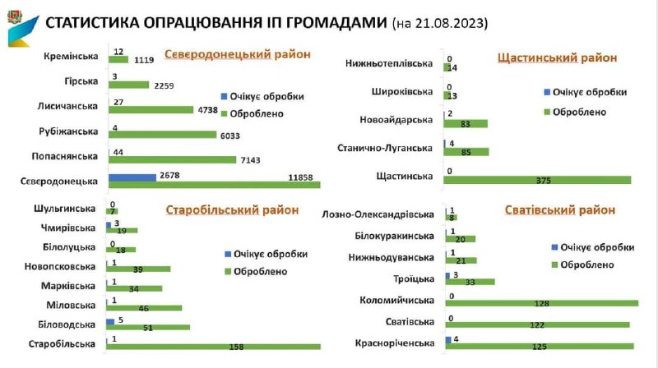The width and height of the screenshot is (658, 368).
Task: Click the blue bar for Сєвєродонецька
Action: [132, 177]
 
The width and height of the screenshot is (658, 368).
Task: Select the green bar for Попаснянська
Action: [172, 160]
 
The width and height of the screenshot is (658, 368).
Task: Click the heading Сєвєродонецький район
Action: [238, 54]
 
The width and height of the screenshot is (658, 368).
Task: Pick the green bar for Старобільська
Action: [214, 345]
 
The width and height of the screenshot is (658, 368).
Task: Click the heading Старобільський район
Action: [232, 209]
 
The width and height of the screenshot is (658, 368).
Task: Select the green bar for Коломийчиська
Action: [541, 303]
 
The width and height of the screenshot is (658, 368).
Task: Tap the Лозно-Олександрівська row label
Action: [379, 214]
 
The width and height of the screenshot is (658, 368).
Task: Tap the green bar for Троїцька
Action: [470, 282]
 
